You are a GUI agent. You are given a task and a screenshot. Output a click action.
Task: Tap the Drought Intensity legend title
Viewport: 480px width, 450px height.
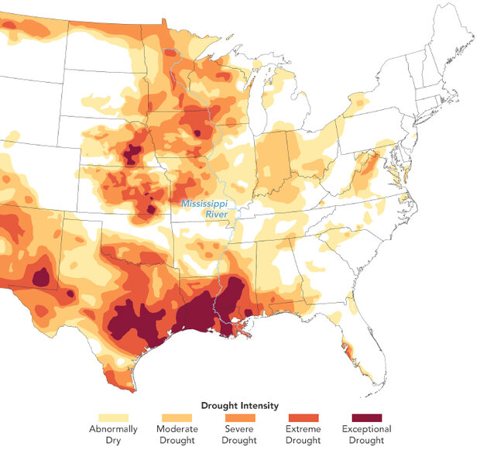click(x=239, y=405)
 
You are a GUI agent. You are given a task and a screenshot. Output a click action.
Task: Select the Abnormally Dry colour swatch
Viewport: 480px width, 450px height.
click(x=113, y=417)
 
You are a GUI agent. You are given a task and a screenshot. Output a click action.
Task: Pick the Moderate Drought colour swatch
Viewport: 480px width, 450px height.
click(x=177, y=417)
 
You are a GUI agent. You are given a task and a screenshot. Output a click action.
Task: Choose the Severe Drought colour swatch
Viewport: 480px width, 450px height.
click(x=239, y=417)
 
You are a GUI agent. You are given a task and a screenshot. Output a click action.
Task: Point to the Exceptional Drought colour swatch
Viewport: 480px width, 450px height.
click(x=365, y=417)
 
